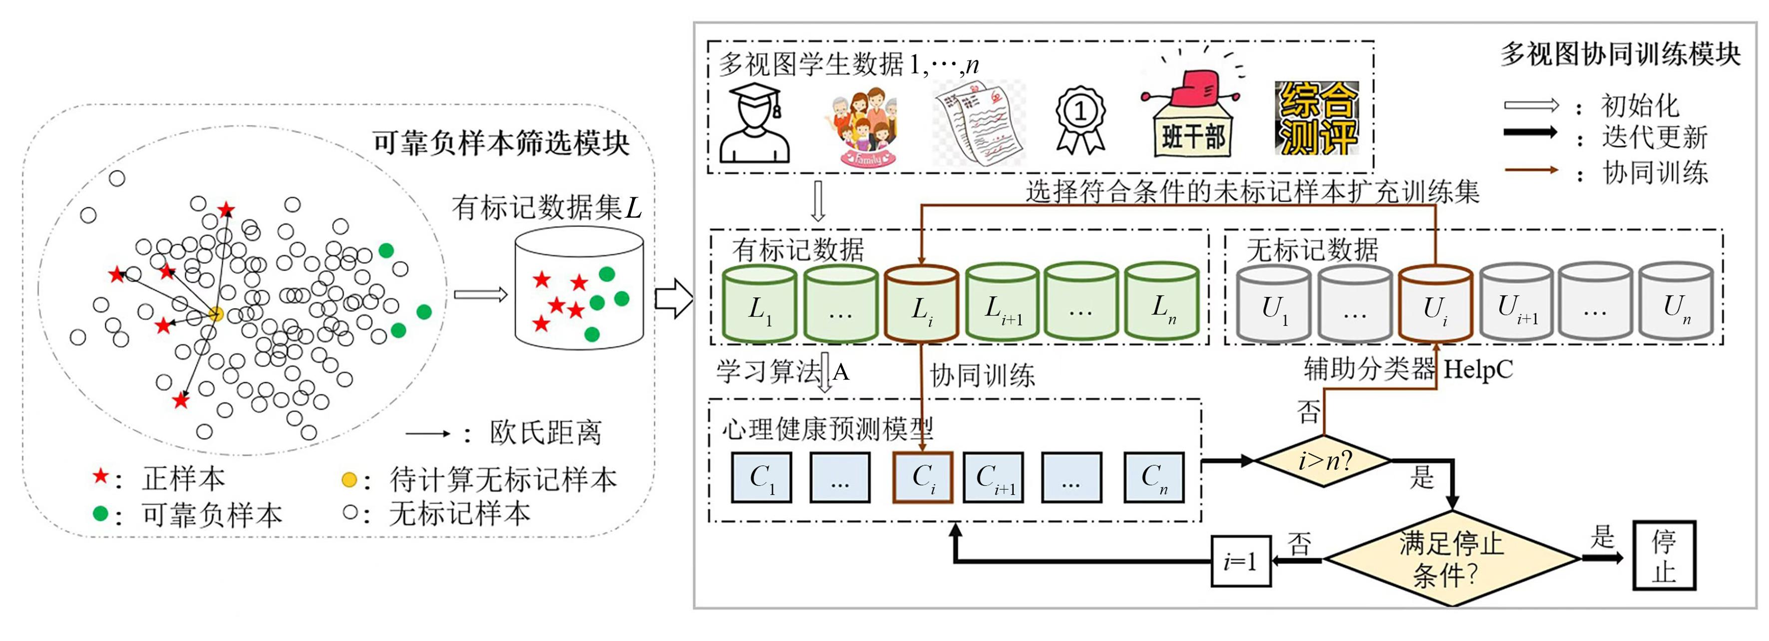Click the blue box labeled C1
(761, 477)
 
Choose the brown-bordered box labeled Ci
(922, 477)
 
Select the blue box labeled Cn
(1154, 477)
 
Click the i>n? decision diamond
(1323, 460)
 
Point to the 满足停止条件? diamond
(1451, 559)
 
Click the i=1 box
(1240, 562)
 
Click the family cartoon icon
(860, 126)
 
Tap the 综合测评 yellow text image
(1317, 118)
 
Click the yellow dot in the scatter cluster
(216, 315)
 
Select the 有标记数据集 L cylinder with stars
(579, 288)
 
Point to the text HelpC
(1478, 370)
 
